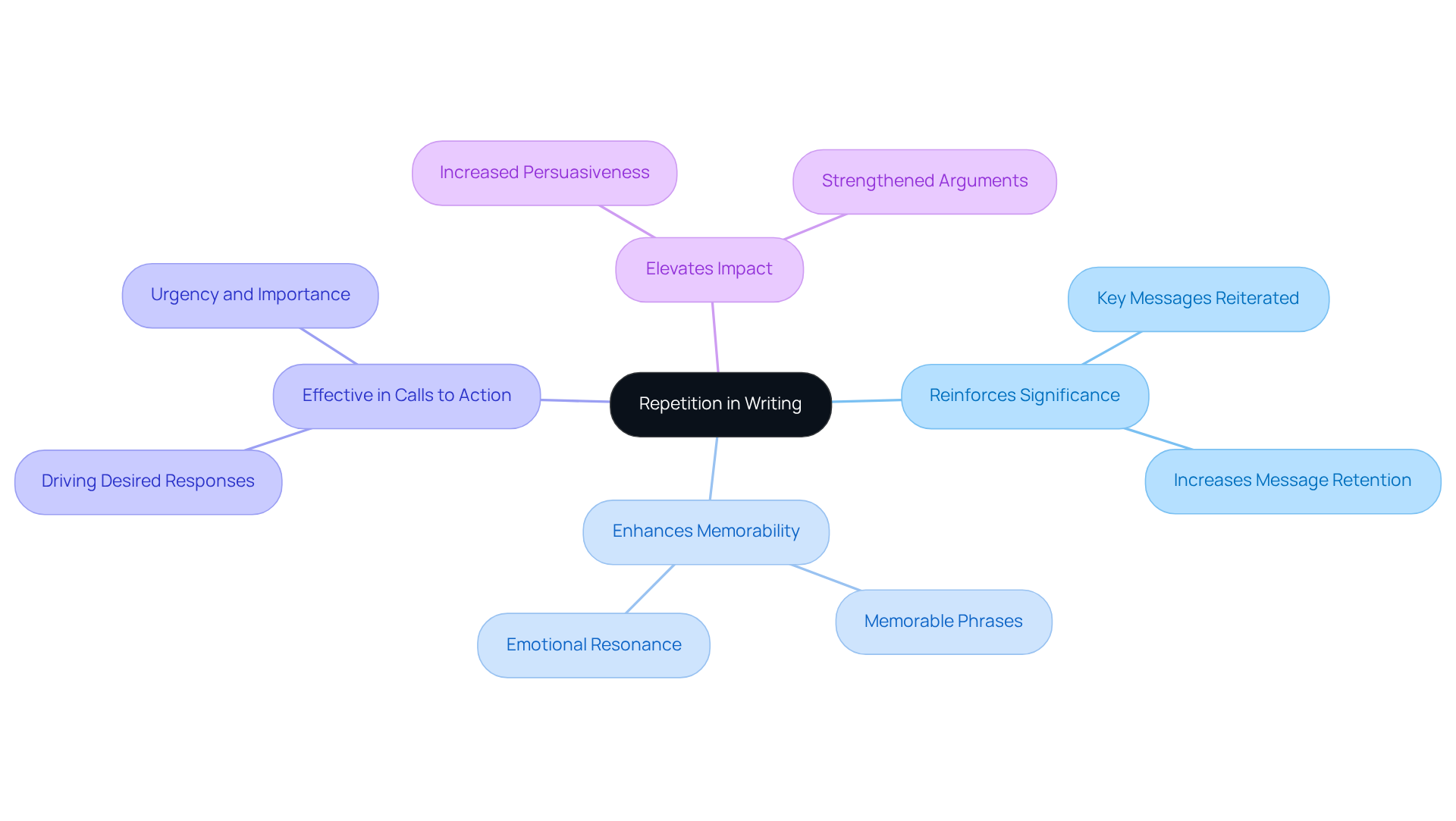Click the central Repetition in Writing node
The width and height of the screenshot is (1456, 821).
click(720, 404)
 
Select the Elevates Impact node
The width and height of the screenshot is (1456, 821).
click(709, 269)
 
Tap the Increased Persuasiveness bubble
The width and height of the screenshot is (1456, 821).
click(544, 173)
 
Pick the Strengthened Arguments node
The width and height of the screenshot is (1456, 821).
click(924, 181)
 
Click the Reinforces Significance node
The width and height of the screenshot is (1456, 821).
click(1025, 396)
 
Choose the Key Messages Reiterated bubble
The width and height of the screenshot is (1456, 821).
click(1198, 299)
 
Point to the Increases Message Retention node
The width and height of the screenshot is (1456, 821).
click(1292, 481)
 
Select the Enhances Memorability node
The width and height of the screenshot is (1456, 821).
click(706, 531)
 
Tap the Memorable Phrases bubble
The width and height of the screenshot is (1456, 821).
click(943, 622)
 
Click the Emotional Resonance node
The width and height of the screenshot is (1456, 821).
click(594, 645)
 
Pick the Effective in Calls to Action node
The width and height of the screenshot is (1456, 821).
click(406, 396)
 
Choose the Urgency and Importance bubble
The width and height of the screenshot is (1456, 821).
click(250, 295)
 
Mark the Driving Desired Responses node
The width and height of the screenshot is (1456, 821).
click(148, 481)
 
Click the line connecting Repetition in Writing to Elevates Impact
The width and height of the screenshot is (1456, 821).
click(715, 337)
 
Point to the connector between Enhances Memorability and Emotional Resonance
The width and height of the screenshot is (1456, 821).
click(650, 589)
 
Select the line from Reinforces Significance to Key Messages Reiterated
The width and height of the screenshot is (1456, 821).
click(1112, 348)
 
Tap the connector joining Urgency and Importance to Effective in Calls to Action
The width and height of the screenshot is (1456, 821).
click(328, 346)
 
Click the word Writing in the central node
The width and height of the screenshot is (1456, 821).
click(773, 404)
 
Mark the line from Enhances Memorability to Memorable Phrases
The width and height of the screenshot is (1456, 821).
click(826, 578)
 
